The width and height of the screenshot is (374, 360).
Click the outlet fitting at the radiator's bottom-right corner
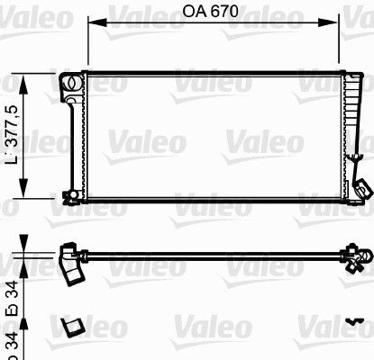coord(361,188)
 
